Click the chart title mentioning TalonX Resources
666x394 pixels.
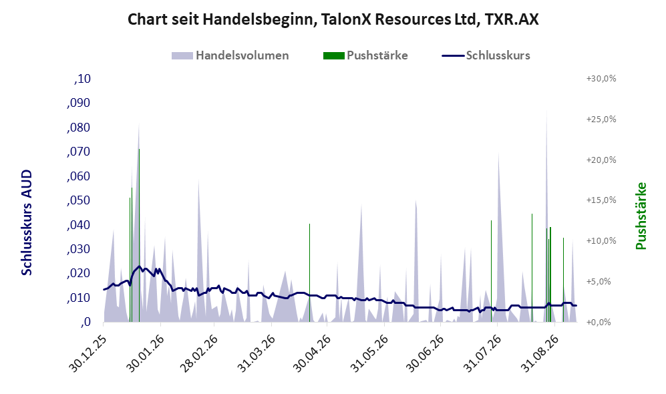(x=333, y=19)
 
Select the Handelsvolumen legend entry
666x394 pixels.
(x=230, y=55)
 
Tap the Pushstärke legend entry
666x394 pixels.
(x=365, y=55)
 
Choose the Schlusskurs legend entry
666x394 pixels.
(x=486, y=55)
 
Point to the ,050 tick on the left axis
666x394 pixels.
(x=79, y=200)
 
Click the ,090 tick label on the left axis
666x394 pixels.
(x=79, y=103)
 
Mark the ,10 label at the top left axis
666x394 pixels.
(x=82, y=79)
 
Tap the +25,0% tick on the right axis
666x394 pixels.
(x=601, y=120)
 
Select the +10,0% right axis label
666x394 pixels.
(x=601, y=240)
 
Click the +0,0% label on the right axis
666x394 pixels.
(x=599, y=323)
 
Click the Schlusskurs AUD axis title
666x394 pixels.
(x=27, y=222)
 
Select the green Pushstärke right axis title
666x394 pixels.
(x=641, y=216)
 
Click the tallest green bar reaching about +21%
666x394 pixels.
(x=139, y=235)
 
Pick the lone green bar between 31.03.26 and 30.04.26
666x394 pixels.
(x=310, y=272)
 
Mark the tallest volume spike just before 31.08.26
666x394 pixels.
(x=546, y=112)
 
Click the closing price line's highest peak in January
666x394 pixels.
(x=139, y=266)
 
